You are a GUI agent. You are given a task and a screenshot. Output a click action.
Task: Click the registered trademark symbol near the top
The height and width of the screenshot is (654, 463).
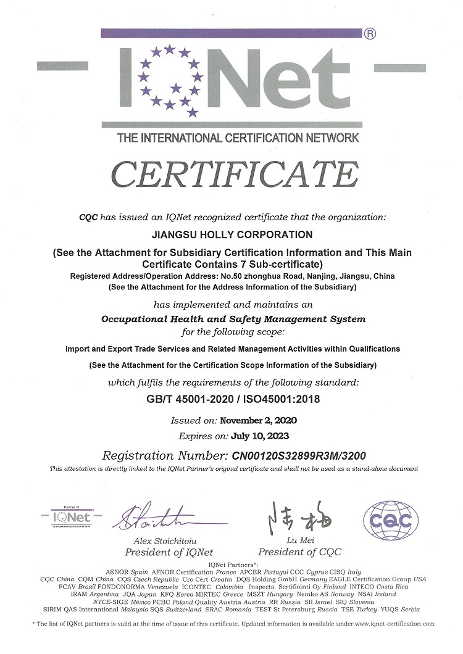point(370,35)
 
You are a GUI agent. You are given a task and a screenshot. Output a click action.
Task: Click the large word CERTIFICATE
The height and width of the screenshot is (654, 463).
point(235,175)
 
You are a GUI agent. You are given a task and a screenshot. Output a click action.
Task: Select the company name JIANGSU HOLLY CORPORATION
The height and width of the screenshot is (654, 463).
point(231,234)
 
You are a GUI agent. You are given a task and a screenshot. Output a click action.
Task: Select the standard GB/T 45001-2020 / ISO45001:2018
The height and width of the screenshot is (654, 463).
point(231,399)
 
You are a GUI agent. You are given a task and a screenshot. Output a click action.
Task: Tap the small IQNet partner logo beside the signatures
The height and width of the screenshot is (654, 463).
point(70,516)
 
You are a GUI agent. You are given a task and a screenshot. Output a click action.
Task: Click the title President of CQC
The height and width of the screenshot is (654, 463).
point(299,552)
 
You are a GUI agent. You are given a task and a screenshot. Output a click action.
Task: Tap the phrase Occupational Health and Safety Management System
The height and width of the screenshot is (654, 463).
point(233,319)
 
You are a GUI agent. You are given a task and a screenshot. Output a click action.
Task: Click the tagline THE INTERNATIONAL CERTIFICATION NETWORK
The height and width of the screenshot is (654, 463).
point(238,138)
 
